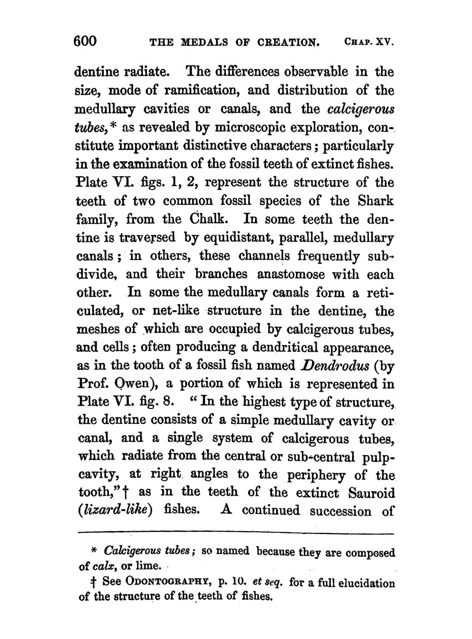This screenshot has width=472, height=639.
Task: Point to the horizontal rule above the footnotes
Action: (x=235, y=535)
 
